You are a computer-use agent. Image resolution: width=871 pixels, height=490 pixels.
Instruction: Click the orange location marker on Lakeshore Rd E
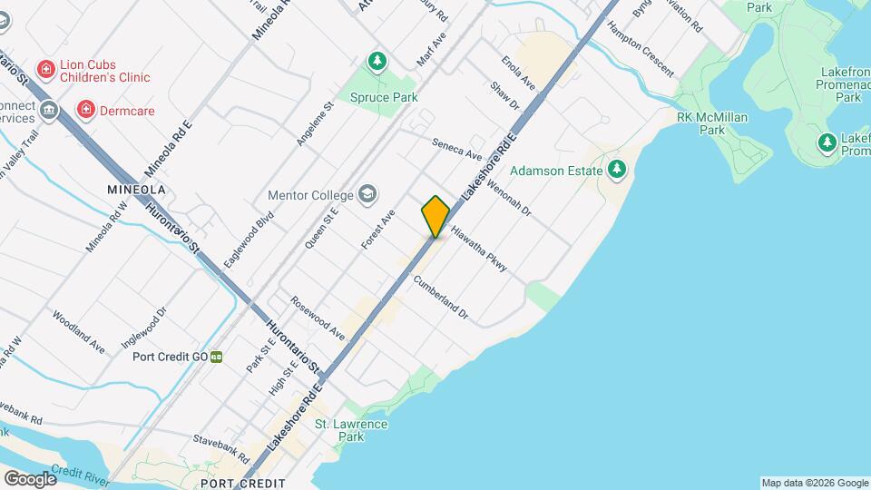[435, 216]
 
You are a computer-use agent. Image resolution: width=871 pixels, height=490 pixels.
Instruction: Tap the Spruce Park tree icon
[377, 62]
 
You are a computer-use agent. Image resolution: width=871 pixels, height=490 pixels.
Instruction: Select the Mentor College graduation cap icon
[367, 194]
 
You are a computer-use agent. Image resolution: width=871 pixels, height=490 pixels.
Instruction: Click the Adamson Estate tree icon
[617, 169]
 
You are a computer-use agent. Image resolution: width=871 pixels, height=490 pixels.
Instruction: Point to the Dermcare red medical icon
[86, 111]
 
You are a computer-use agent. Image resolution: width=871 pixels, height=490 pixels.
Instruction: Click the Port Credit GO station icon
[216, 357]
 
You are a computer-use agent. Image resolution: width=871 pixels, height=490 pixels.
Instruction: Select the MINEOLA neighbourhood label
[136, 190]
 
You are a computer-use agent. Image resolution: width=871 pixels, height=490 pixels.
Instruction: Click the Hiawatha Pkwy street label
[477, 250]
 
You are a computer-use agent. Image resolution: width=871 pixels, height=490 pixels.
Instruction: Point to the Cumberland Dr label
[440, 298]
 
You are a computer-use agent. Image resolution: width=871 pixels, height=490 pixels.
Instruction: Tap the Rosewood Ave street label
[318, 318]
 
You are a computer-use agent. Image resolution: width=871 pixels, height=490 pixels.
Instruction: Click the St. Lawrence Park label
[351, 430]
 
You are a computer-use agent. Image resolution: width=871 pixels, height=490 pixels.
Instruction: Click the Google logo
[29, 478]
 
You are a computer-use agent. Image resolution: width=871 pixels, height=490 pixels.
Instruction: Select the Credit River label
[80, 473]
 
